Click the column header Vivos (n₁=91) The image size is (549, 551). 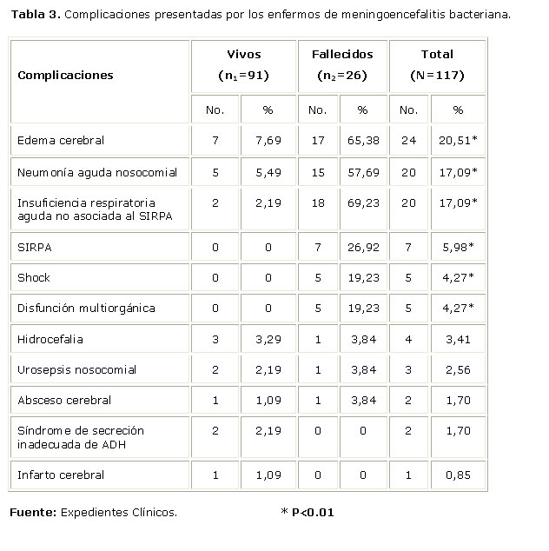242,65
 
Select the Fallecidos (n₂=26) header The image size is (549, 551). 342,65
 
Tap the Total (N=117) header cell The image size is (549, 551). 436,65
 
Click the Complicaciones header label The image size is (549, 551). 65,75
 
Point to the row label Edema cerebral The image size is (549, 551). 55,140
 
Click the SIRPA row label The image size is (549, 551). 34,247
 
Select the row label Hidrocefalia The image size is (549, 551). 46,338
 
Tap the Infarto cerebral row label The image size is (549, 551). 61,475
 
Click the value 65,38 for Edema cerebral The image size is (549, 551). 362,140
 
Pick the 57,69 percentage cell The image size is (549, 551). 362,172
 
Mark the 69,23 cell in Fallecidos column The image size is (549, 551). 362,202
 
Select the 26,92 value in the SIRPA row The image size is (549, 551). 362,247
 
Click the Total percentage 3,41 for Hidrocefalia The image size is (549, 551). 458,338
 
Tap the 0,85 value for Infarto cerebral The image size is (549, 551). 458,475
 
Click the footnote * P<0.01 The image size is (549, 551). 308,512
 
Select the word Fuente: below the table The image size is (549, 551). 33,512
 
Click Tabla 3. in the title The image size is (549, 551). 36,15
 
